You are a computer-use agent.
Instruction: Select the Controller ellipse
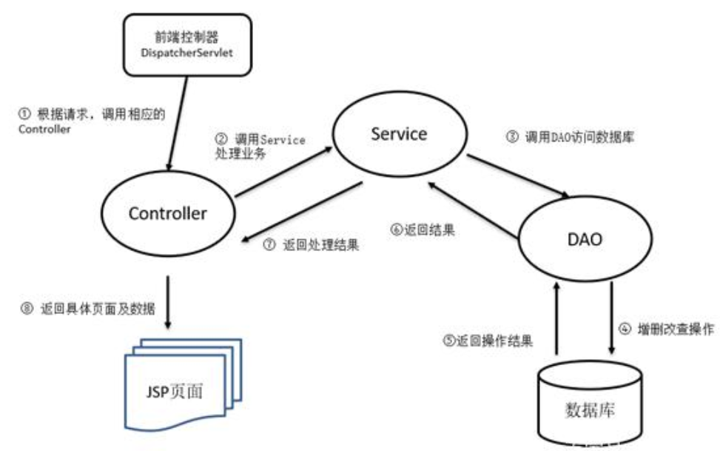[168, 213]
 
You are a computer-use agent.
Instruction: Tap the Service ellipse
[399, 135]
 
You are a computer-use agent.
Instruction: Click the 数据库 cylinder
[590, 404]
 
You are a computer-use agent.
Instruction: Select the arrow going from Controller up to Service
[281, 173]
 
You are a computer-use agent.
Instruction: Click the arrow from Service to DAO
[517, 176]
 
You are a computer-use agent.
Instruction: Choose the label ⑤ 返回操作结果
[491, 341]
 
